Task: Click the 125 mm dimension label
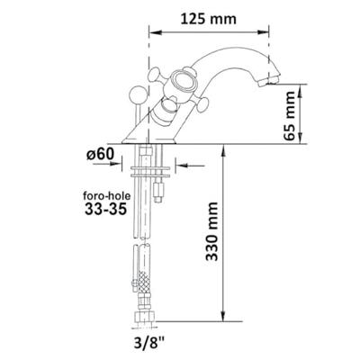click(209, 19)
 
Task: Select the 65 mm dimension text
click(291, 116)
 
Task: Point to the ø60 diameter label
click(101, 155)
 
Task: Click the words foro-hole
click(107, 196)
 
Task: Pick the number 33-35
click(105, 210)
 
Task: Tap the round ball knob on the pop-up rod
click(137, 94)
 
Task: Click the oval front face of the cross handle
click(183, 81)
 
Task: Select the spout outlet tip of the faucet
click(269, 81)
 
